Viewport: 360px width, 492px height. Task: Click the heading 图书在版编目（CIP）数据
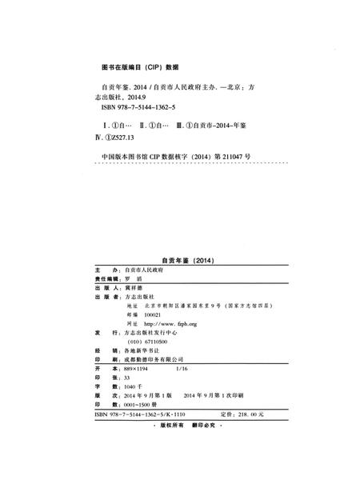[135, 66]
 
